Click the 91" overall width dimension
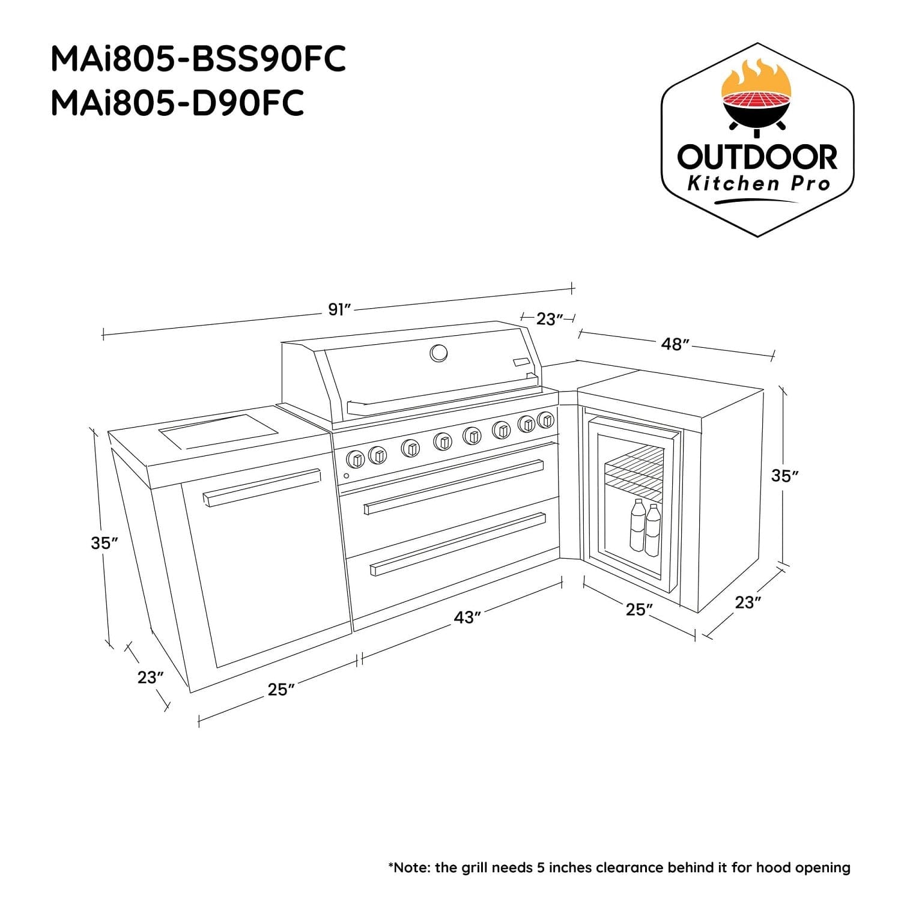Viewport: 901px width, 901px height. (x=339, y=310)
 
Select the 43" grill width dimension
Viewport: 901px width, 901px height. (x=467, y=617)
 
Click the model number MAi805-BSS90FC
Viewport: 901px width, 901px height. (x=198, y=59)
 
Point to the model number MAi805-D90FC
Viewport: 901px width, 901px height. (x=177, y=102)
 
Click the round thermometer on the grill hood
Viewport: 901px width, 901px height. (x=438, y=353)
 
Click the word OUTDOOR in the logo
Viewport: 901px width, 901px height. (x=757, y=157)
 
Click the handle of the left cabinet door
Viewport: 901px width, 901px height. (x=262, y=487)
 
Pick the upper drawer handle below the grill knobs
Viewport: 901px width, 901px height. (x=454, y=487)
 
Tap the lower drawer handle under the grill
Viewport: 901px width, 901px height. (x=458, y=543)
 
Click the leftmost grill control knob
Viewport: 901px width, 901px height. (x=356, y=459)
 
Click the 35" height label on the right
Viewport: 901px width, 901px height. (x=785, y=476)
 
